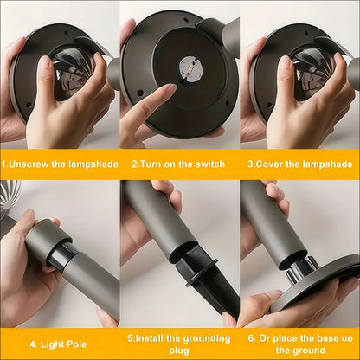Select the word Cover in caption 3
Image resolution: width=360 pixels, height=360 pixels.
tap(269, 164)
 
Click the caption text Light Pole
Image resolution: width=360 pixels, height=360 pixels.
tap(63, 344)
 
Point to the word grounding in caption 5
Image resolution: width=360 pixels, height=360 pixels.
tap(207, 338)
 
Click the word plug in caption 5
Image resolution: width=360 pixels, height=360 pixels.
tap(179, 350)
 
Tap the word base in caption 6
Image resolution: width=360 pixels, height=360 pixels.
tap(324, 338)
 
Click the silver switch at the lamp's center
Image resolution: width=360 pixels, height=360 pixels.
tap(190, 68)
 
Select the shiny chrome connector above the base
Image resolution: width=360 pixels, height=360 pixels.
tap(301, 269)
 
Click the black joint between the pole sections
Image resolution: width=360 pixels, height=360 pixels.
tap(59, 255)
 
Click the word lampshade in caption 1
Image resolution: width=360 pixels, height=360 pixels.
tap(93, 164)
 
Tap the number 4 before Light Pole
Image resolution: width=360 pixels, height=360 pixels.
tap(33, 344)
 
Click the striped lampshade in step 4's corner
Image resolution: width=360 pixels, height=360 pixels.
tap(10, 196)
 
